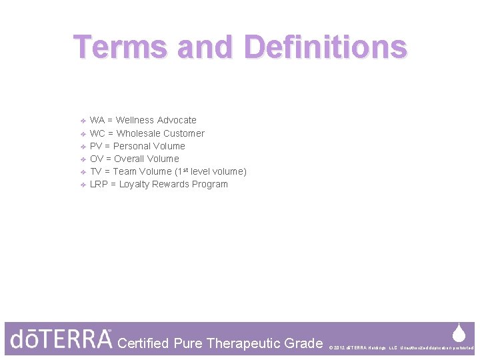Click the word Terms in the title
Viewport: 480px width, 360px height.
click(x=119, y=47)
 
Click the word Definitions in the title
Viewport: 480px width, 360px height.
click(x=325, y=47)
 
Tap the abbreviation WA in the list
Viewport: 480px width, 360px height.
click(x=97, y=121)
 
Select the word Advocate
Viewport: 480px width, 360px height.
click(x=175, y=121)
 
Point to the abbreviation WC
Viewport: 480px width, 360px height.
click(x=97, y=133)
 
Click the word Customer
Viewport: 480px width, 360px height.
click(x=183, y=133)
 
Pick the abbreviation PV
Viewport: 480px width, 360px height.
click(x=96, y=146)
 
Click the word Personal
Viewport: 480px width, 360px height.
click(x=132, y=146)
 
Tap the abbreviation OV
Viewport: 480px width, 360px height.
click(x=97, y=159)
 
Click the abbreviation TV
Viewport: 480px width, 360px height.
click(x=95, y=171)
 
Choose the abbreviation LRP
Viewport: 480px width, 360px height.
click(x=99, y=185)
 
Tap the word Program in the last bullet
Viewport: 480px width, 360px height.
click(x=209, y=185)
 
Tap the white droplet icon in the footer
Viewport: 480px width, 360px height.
click(x=459, y=333)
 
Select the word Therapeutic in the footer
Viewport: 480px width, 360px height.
click(x=245, y=343)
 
